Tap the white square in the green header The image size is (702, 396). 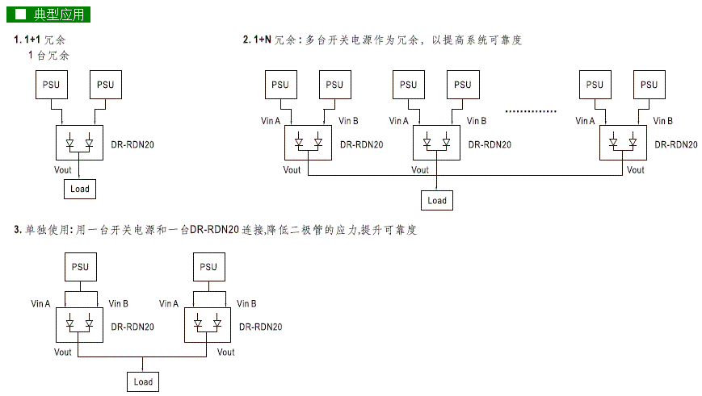tap(21, 15)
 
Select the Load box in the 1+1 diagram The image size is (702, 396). tap(80, 190)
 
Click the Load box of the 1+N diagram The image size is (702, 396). tap(437, 201)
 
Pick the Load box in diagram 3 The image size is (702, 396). tap(143, 381)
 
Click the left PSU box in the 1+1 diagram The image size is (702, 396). tap(52, 85)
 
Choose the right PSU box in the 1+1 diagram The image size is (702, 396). tap(105, 85)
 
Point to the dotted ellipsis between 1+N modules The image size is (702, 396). tap(530, 110)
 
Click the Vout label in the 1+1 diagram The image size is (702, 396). tap(62, 170)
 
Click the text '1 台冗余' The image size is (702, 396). tap(48, 56)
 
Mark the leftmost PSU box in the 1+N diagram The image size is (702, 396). tap(279, 85)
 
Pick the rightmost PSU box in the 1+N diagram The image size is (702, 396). tap(648, 85)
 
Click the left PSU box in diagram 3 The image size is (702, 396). tap(80, 267)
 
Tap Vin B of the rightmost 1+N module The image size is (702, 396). tap(662, 121)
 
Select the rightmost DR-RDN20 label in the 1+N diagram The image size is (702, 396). tap(675, 145)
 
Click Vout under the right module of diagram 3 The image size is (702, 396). tap(225, 352)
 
